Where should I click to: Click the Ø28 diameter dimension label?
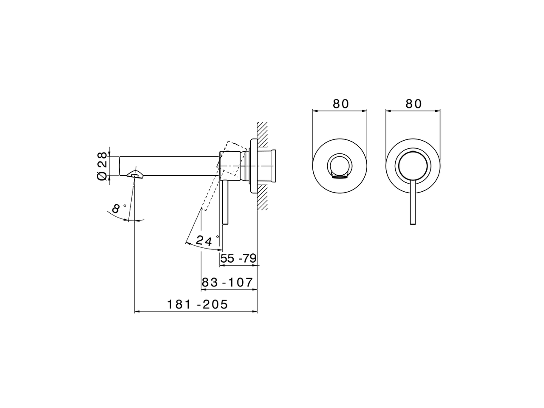[x=102, y=166]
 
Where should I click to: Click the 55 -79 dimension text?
[x=238, y=258]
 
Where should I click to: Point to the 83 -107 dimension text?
[x=227, y=282]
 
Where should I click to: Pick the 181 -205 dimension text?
[x=197, y=304]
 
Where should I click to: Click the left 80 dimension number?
[x=341, y=104]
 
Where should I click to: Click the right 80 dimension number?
[x=414, y=104]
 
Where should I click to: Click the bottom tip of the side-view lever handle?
[x=225, y=224]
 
